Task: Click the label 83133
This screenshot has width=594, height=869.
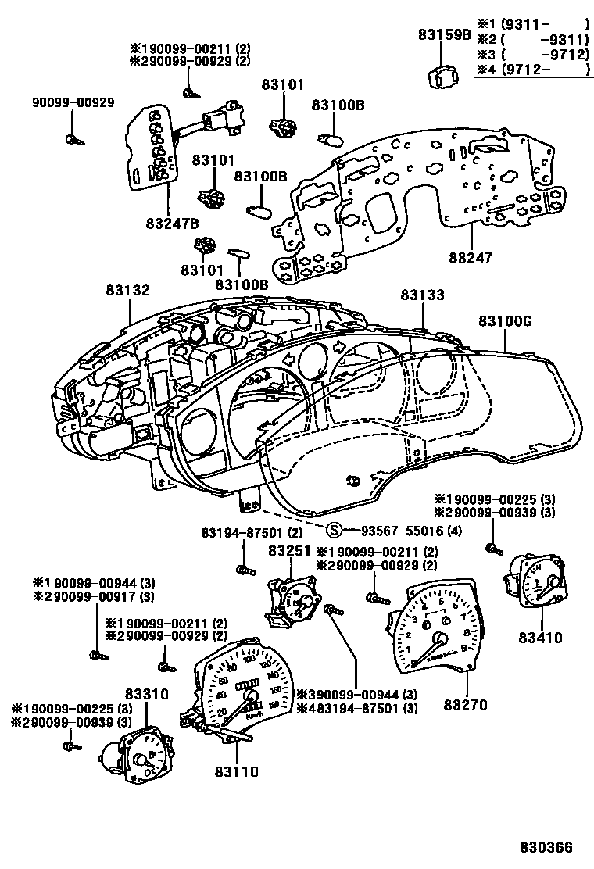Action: (x=423, y=295)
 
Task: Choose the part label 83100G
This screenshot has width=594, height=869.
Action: (x=504, y=321)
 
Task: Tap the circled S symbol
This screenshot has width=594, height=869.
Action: (x=334, y=531)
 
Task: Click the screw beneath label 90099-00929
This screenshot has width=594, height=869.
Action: (x=73, y=140)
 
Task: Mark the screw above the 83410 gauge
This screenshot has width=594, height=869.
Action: (x=493, y=549)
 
